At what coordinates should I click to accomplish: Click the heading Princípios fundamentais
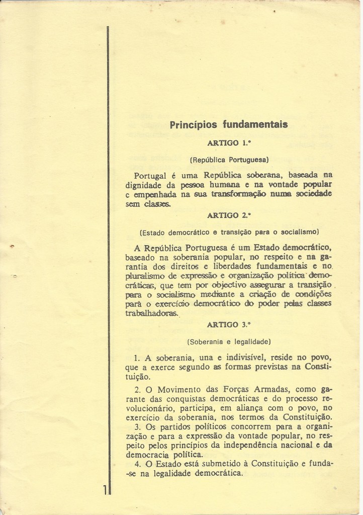click(229, 124)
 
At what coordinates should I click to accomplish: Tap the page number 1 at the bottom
click(104, 489)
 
